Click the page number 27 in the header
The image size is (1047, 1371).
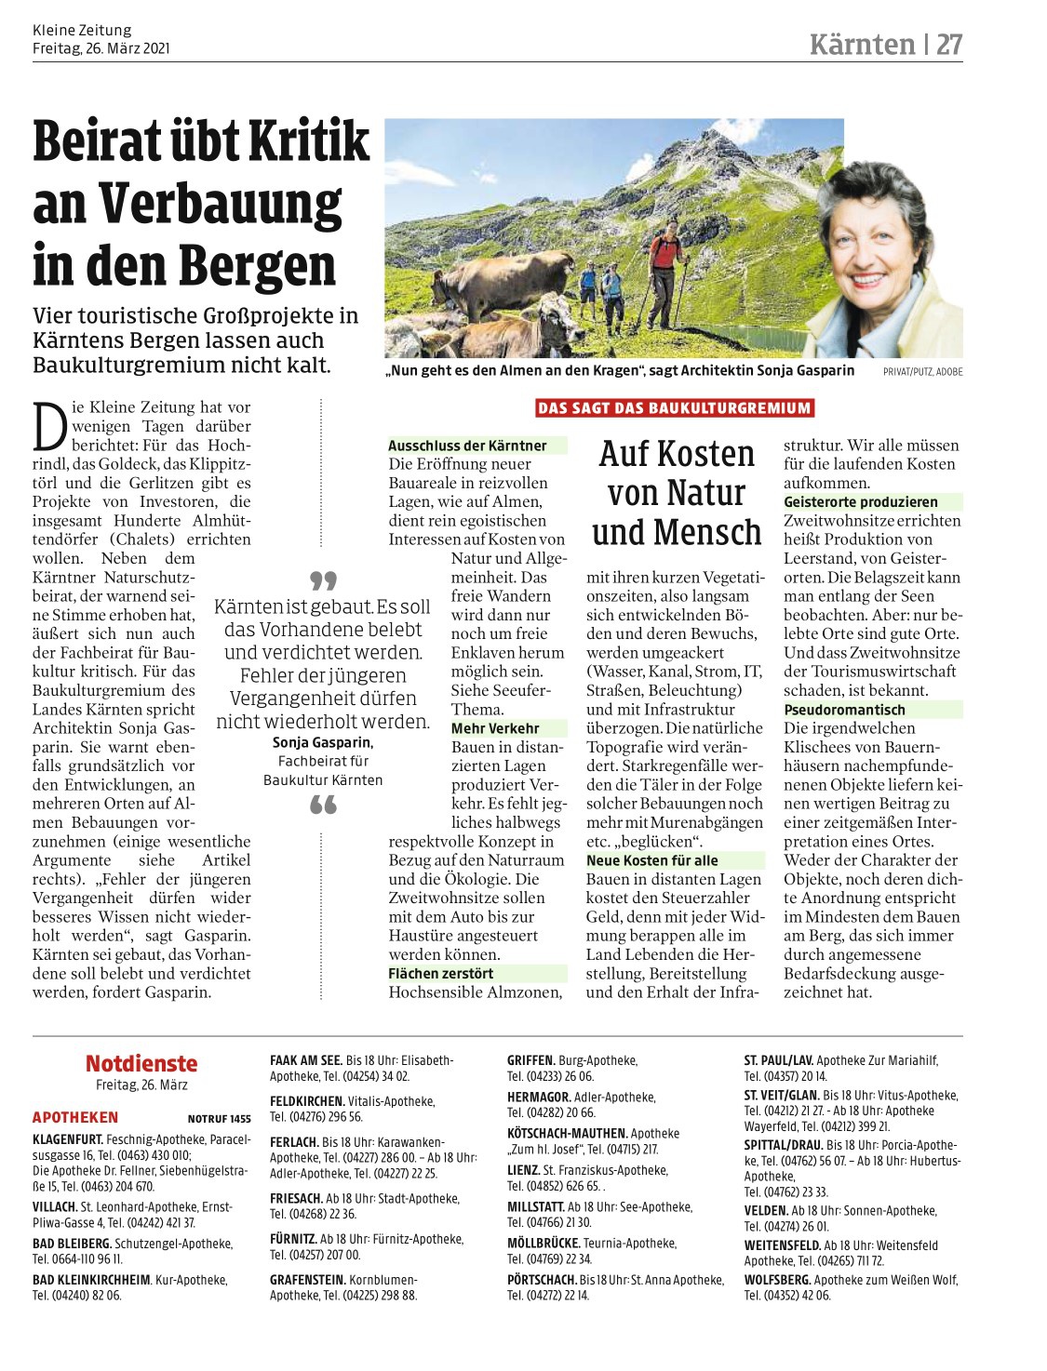(948, 44)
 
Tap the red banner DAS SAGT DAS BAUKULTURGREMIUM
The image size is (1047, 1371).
(675, 407)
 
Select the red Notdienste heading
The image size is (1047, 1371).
(141, 1063)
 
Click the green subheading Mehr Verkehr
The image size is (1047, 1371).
(495, 728)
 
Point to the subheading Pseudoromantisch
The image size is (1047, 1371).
(844, 710)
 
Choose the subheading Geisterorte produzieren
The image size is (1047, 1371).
(861, 501)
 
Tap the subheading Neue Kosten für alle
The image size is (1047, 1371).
(651, 860)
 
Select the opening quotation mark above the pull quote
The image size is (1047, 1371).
(323, 581)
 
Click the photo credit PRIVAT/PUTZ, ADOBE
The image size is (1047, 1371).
(922, 372)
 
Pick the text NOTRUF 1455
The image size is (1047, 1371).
(219, 1119)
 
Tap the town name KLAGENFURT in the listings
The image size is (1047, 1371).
(68, 1139)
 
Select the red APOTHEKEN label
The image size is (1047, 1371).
(75, 1118)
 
